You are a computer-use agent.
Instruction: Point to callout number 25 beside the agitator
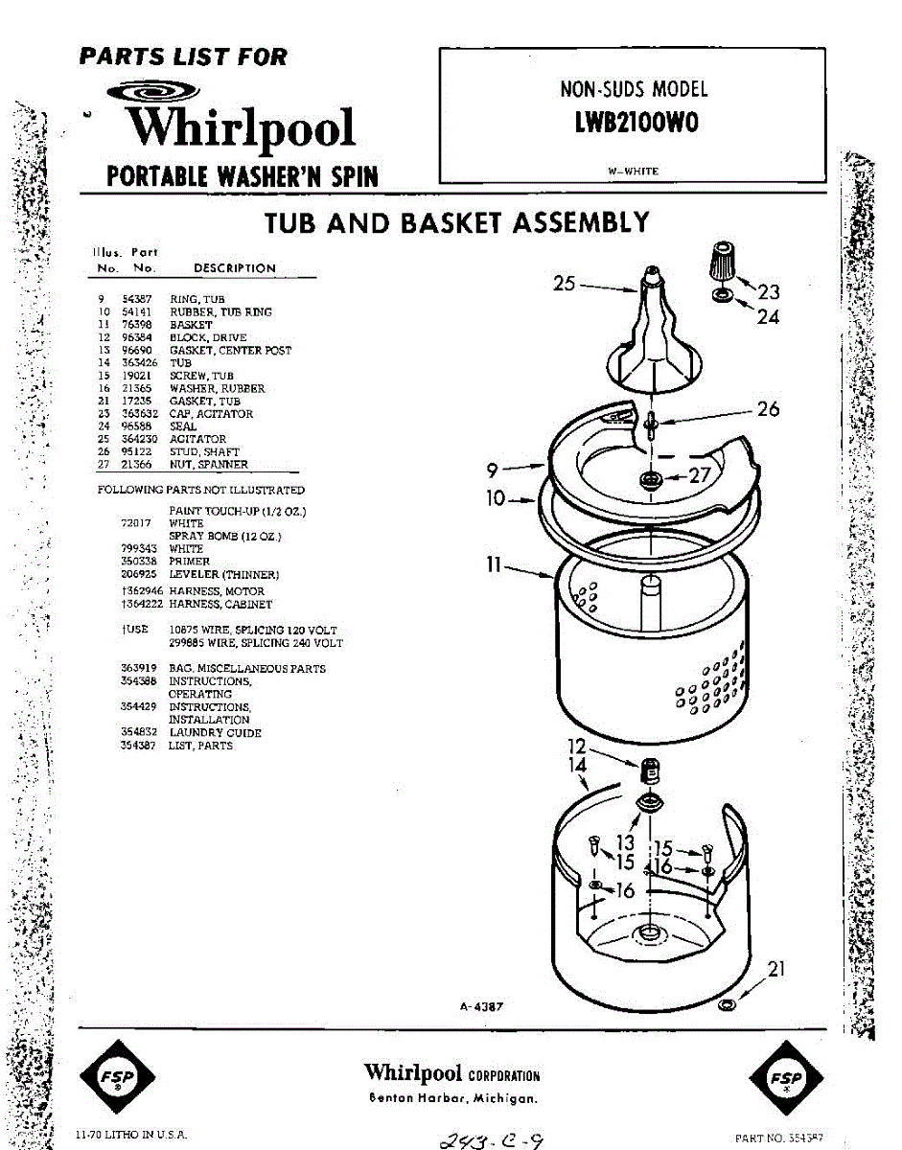pyautogui.click(x=564, y=283)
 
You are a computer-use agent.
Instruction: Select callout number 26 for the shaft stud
pyautogui.click(x=769, y=409)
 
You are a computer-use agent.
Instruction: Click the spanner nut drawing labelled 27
pyautogui.click(x=651, y=477)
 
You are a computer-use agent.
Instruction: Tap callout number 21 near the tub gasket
pyautogui.click(x=777, y=969)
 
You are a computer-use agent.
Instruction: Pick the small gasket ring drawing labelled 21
pyautogui.click(x=727, y=1003)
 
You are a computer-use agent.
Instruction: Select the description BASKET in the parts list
pyautogui.click(x=191, y=325)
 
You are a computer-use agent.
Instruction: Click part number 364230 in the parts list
pyautogui.click(x=139, y=439)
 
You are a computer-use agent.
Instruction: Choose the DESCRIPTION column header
pyautogui.click(x=234, y=268)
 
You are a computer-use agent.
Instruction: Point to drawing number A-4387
pyautogui.click(x=481, y=1006)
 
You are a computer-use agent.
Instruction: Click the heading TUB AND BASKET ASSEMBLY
pyautogui.click(x=456, y=223)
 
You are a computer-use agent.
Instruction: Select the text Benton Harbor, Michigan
pyautogui.click(x=452, y=1098)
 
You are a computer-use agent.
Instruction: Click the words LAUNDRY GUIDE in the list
pyautogui.click(x=215, y=733)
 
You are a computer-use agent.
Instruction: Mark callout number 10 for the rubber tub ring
pyautogui.click(x=496, y=499)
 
